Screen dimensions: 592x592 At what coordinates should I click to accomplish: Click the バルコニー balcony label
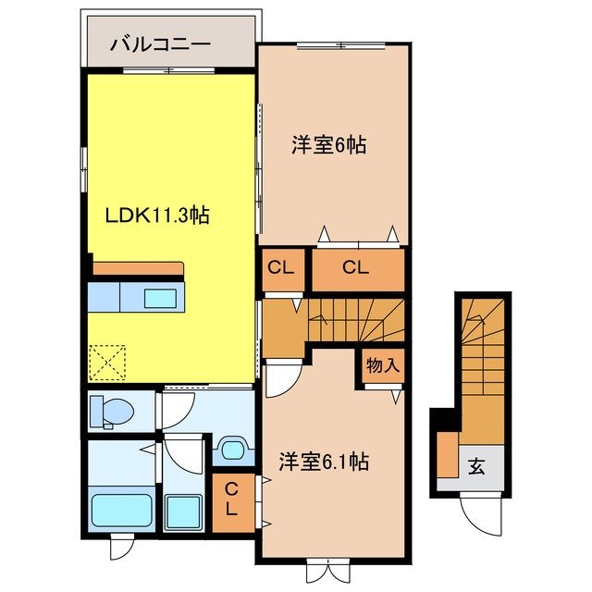point(161,43)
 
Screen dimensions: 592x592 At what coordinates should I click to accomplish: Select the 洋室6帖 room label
point(328,144)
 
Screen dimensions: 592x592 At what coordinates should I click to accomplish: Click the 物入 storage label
point(382,365)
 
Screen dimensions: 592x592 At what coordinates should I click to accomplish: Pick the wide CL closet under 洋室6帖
point(356,268)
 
